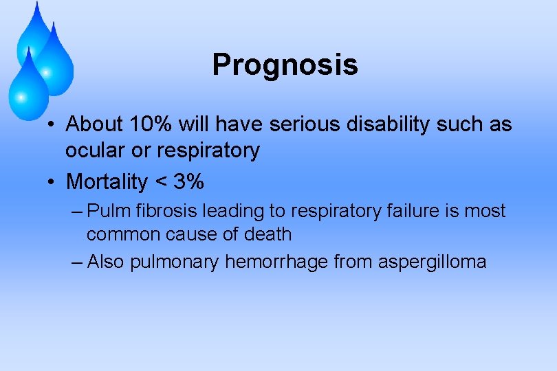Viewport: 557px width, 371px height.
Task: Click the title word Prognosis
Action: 285,65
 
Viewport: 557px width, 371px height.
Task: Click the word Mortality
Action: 107,182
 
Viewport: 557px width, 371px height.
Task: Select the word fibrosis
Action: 163,211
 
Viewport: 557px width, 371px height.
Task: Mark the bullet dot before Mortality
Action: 52,183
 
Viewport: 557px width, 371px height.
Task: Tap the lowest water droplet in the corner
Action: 28,86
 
